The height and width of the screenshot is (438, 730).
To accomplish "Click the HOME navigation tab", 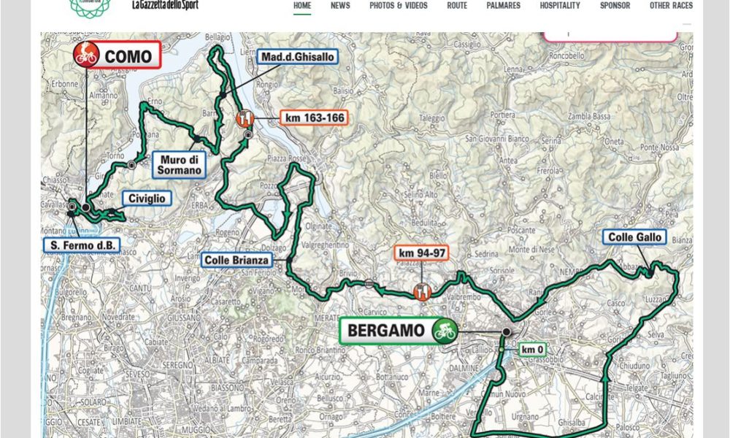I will [x=302, y=6].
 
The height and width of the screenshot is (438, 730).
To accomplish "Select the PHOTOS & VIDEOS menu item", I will [x=399, y=6].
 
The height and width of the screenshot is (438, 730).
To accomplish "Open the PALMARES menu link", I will [x=504, y=6].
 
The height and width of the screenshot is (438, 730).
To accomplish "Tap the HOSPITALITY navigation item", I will [x=560, y=6].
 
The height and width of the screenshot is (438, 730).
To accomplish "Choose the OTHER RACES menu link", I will [x=671, y=6].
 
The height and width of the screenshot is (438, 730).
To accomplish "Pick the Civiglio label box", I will [x=147, y=199].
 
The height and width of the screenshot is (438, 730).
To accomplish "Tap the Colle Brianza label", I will [x=237, y=259].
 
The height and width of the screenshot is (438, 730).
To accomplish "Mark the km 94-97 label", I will [x=421, y=253].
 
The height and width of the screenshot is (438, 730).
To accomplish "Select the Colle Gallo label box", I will [x=634, y=237].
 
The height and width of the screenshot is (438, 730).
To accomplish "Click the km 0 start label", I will [x=531, y=350].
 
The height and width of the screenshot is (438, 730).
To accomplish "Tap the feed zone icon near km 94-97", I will [x=422, y=291].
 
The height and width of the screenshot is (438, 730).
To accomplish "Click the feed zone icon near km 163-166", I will [x=246, y=118].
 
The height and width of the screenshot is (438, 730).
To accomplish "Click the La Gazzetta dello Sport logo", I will [x=164, y=5].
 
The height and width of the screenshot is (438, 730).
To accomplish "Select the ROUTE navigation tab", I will [x=457, y=6].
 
